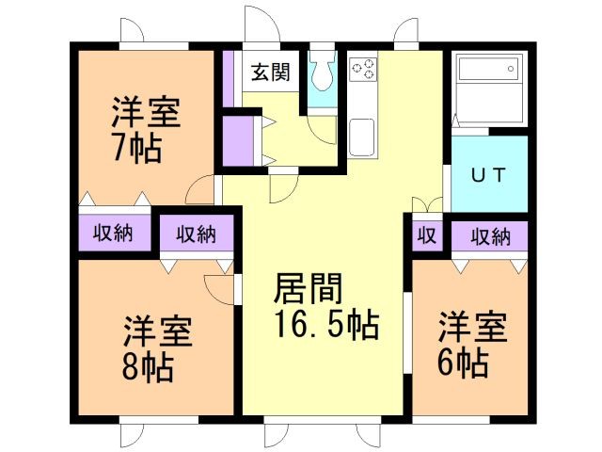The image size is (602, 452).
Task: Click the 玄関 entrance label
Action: coord(270,71)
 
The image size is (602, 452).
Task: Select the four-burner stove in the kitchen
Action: coord(364,69)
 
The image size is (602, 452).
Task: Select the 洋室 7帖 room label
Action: coord(145,131)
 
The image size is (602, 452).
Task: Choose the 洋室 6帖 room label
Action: coord(471,343)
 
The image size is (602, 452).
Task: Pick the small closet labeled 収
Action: coord(426,234)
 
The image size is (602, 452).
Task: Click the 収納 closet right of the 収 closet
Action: coord(490,234)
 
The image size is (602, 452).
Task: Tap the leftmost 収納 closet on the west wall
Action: coord(111,232)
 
